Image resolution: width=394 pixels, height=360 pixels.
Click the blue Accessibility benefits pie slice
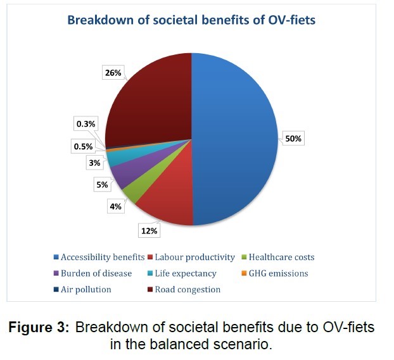(234, 139)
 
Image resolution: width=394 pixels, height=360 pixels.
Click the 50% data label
(293, 138)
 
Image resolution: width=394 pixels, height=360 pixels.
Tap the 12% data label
(150, 232)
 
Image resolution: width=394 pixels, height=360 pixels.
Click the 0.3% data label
(87, 124)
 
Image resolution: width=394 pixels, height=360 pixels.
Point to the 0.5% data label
(82, 146)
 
